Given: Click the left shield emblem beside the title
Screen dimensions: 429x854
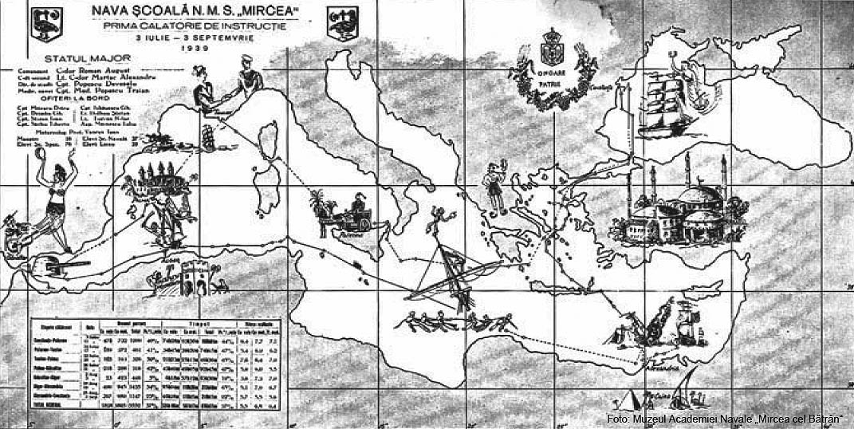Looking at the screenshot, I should point(41,22).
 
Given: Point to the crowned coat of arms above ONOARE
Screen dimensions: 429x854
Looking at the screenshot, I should point(552,45).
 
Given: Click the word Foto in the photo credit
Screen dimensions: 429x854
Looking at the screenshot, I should point(617,419).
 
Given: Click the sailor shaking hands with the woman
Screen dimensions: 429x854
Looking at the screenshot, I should point(247,83).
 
